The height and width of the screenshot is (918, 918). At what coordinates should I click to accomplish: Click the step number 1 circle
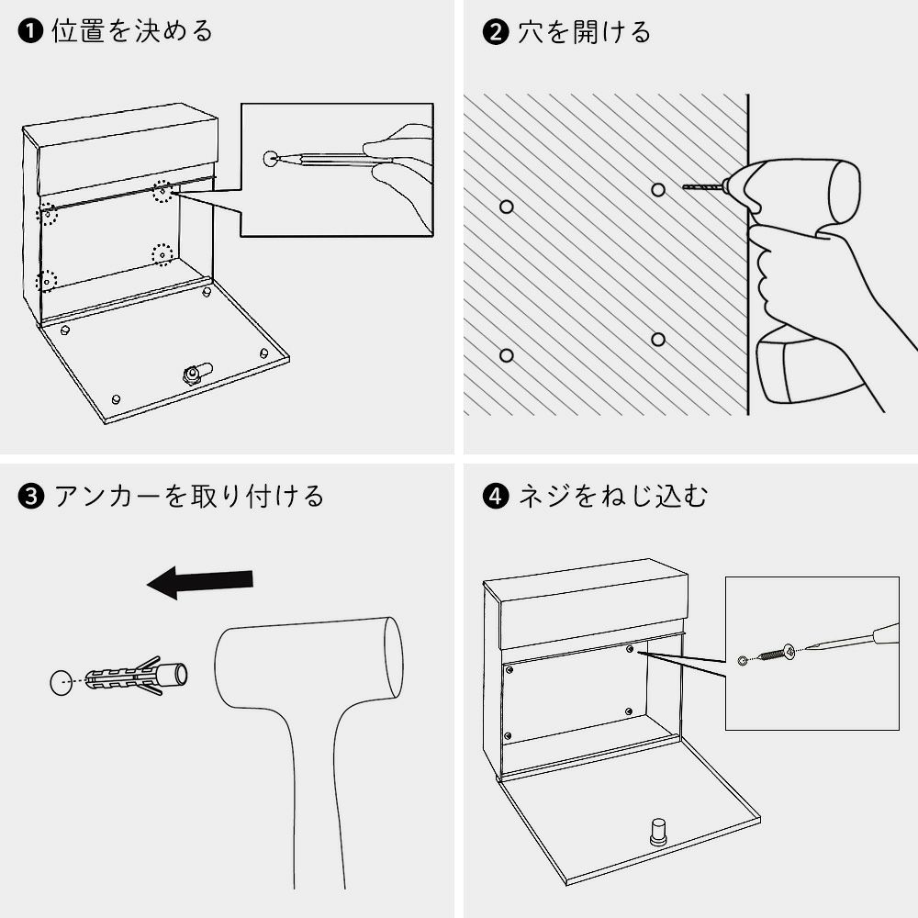pos(30,31)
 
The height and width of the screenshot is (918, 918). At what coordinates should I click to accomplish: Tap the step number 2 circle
pos(496,31)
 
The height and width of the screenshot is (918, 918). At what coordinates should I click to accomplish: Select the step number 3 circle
pos(31,497)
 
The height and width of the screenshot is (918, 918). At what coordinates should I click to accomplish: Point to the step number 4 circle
pos(496,497)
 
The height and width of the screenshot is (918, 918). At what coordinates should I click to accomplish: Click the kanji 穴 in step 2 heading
pos(531,31)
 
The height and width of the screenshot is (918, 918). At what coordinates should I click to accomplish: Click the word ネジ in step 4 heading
pos(543,497)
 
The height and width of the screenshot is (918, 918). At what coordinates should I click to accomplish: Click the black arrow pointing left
pos(199,582)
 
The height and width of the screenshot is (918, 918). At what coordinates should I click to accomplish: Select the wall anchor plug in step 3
pos(137,677)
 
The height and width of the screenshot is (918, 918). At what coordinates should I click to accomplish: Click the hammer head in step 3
pos(309,665)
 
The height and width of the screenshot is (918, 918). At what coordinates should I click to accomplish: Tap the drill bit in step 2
pos(702,186)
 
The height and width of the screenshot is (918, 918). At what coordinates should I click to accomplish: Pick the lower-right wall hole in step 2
pos(658,340)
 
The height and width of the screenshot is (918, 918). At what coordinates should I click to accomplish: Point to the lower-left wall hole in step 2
pos(507,355)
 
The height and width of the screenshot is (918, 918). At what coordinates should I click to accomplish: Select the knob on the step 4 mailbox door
pos(659,832)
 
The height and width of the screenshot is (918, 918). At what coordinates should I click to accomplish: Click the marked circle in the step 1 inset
pos(271,158)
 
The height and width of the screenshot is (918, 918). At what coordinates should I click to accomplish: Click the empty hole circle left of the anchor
pos(61,682)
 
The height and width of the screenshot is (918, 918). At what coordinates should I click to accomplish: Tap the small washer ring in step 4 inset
pos(743,661)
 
